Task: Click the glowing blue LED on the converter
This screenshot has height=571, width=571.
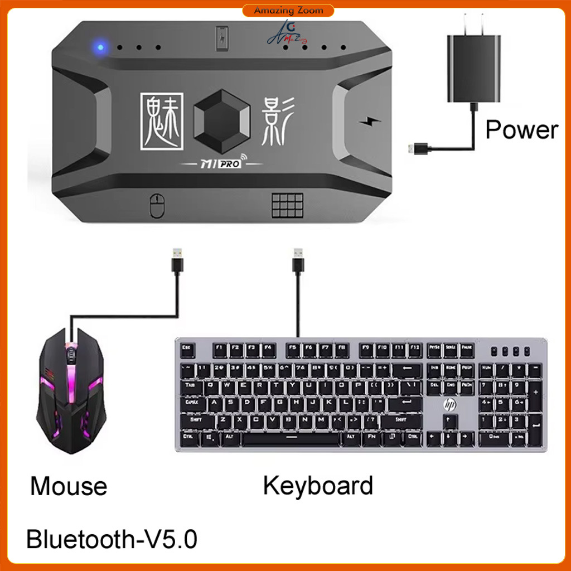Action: pos(100,47)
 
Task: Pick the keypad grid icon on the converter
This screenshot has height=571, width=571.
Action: pos(287,205)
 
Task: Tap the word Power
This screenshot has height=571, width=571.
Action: pos(521,130)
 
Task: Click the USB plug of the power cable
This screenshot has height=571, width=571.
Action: pos(418,149)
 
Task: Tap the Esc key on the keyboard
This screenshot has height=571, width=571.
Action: pos(187,347)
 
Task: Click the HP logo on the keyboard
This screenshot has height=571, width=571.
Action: pos(449,405)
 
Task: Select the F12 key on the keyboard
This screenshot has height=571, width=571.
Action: pos(413,347)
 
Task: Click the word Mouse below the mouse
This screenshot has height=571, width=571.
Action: pos(69,486)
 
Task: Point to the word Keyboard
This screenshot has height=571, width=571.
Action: pos(318,485)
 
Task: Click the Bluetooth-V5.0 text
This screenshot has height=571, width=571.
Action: pos(112,540)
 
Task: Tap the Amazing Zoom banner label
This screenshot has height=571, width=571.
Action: pos(288,11)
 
